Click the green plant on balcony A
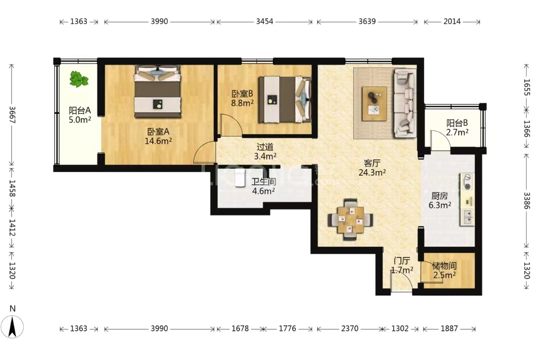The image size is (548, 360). click(79, 79)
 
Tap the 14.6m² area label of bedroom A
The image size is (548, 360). click(158, 141)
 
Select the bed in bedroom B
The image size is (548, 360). click(285, 100)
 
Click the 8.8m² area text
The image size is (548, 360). click(242, 103)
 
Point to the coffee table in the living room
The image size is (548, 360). click(374, 104)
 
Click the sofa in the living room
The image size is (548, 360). click(405, 103)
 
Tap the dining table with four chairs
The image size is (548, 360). click(350, 220)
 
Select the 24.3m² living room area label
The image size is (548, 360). click(372, 172)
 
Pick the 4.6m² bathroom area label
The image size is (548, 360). click(263, 191)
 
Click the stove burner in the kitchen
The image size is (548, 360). click(467, 182)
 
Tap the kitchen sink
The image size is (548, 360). click(467, 218)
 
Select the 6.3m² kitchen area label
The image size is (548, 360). click(439, 205)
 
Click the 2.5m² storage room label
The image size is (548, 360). click(444, 275)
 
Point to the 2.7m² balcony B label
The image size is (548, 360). click(457, 132)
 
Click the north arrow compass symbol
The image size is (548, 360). click(13, 327)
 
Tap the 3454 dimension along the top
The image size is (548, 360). click(264, 21)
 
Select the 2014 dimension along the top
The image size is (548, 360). click(452, 21)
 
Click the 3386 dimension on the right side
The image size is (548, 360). click(527, 201)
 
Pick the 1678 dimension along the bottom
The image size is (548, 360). click(240, 329)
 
